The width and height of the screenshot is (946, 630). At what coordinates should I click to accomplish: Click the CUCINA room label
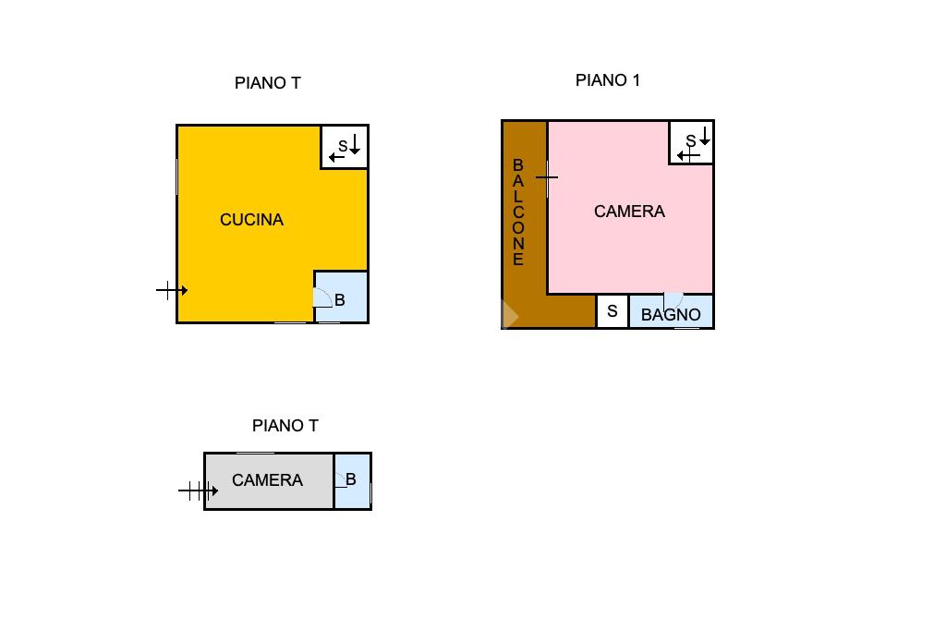pos(251,220)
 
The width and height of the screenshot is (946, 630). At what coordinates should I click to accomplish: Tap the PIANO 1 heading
pos(607,80)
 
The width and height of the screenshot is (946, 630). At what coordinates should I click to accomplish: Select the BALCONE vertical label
pos(518,212)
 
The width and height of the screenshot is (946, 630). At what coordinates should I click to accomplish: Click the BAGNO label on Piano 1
pos(671,315)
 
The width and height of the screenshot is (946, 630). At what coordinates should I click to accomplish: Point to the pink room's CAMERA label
pos(629,212)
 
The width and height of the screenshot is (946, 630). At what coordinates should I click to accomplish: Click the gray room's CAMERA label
pos(267,480)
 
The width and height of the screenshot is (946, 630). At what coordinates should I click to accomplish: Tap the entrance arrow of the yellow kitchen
pos(172,291)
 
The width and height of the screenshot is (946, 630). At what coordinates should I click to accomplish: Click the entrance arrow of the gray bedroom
pos(198,491)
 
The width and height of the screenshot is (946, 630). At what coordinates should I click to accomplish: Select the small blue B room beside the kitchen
pos(341,297)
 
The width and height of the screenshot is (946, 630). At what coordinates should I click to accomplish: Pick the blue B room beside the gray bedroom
pos(352,480)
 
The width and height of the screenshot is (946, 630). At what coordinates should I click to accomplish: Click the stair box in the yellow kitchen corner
pos(345,147)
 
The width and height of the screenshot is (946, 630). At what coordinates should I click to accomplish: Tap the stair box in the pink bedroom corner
pos(691,142)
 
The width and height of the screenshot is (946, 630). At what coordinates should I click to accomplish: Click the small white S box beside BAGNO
pos(612,312)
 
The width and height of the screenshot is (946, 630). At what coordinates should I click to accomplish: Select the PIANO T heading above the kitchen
pos(268,83)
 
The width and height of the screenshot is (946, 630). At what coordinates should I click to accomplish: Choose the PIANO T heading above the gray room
pos(285,426)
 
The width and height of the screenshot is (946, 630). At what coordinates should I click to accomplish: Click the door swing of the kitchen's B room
pos(321,297)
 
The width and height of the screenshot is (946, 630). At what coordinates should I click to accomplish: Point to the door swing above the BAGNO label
pos(673,300)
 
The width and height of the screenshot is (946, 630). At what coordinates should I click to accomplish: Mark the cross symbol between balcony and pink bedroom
pos(547,176)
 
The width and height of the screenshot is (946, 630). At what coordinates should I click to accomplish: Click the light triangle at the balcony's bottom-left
pos(509,316)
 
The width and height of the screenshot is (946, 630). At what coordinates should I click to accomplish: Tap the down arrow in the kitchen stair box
pos(355,143)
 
